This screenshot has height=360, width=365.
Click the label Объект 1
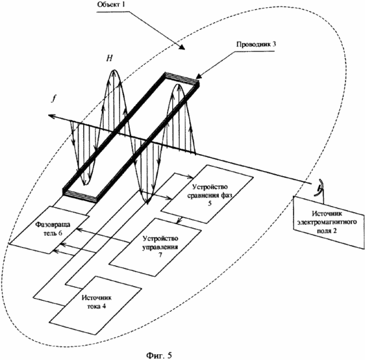(111, 5)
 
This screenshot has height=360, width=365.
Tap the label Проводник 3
(256, 44)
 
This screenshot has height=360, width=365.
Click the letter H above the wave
(109, 58)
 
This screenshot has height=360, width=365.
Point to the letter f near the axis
(54, 99)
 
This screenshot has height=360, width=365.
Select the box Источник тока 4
(95, 306)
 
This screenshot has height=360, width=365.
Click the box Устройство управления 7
(155, 248)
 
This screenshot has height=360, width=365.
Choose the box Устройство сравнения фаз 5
(207, 194)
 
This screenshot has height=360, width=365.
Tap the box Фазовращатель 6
(49, 230)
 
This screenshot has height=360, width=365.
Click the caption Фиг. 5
(159, 355)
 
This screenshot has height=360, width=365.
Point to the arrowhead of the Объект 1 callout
(182, 47)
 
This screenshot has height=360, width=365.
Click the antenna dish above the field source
(319, 187)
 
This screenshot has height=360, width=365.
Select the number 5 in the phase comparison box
(210, 203)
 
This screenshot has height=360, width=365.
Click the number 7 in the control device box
(160, 255)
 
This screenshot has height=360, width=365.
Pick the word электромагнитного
(327, 222)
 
